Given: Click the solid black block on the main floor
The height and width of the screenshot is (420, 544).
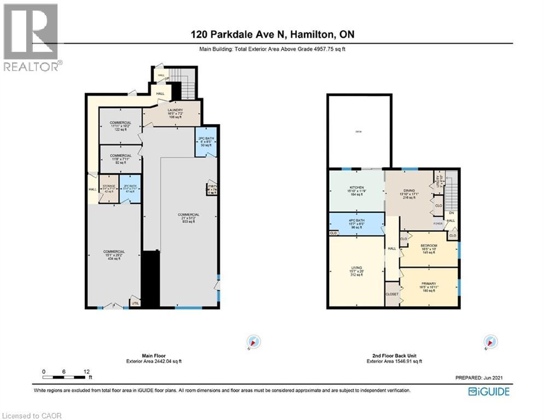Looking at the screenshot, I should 150,279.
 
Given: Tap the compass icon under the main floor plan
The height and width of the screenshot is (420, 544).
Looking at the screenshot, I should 253,342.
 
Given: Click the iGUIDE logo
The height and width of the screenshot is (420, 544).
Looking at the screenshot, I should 489,392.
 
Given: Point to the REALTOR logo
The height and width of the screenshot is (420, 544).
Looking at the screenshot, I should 32,37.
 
